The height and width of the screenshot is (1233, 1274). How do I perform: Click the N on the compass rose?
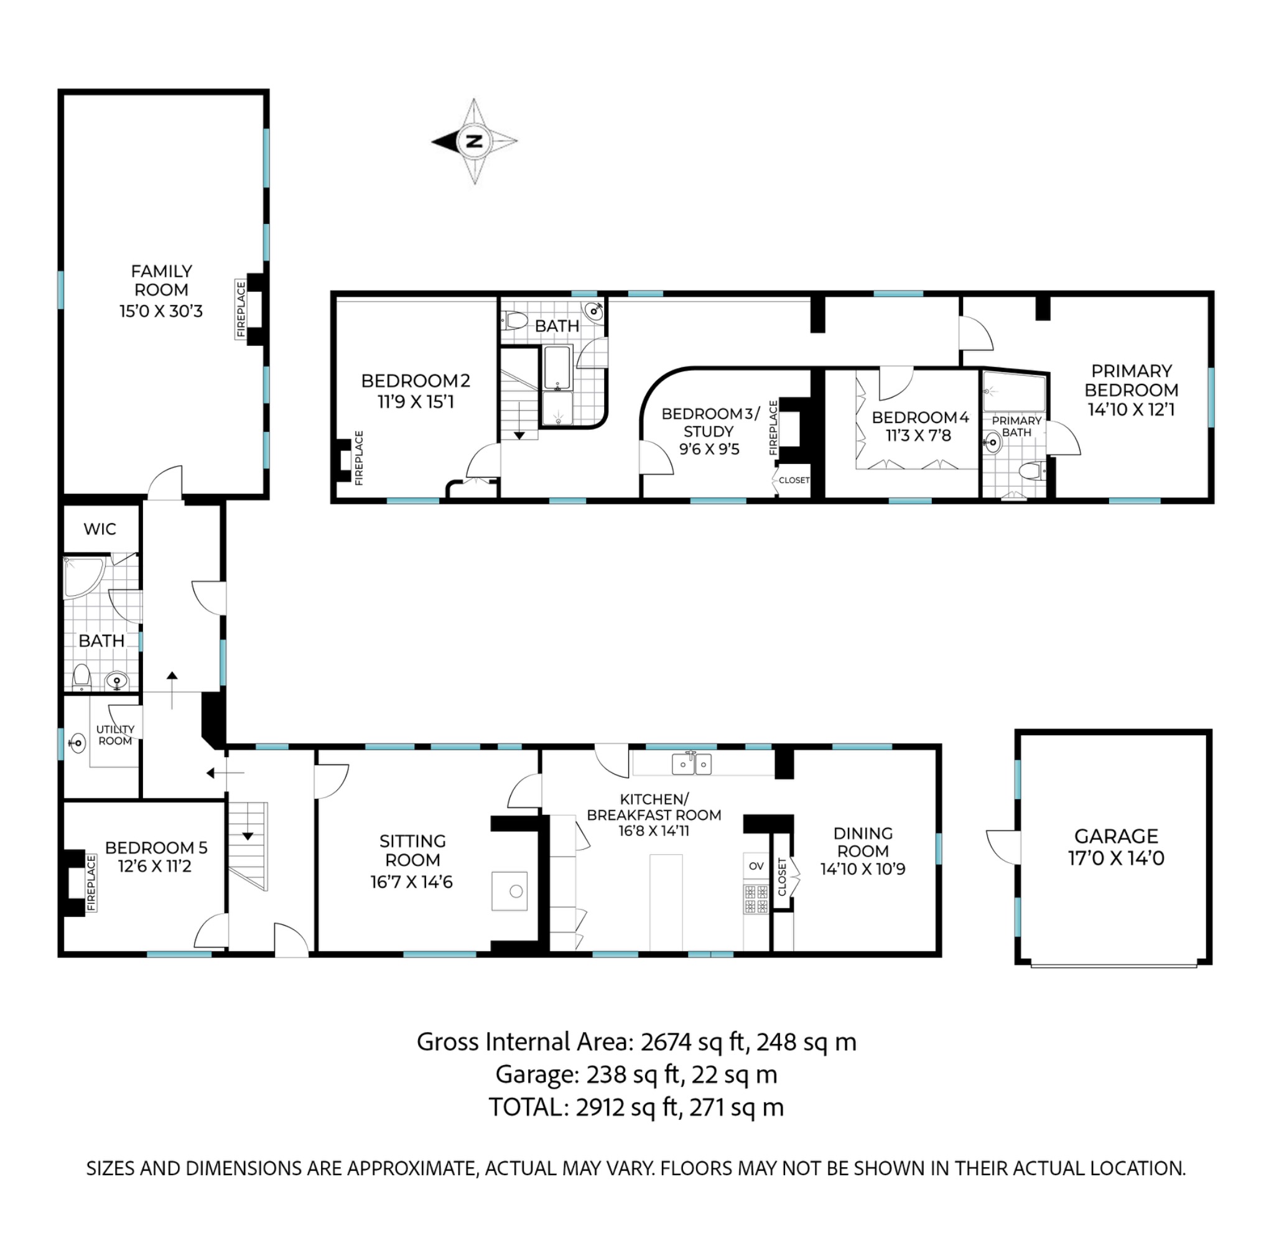point(475,141)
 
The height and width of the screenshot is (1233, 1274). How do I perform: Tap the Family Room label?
point(161,280)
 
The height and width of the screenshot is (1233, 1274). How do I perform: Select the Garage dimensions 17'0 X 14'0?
point(1116,858)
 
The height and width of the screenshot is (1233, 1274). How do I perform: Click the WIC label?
point(100,528)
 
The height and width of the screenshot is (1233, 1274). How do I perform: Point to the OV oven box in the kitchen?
point(756,866)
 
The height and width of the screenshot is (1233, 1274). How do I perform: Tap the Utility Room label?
point(115,735)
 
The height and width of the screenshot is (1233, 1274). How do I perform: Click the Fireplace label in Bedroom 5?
point(91,883)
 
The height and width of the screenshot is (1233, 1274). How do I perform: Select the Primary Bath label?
point(1016,426)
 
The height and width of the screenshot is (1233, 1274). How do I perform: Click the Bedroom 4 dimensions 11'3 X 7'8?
point(918,435)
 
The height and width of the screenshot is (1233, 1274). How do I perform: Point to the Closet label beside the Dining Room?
point(782,876)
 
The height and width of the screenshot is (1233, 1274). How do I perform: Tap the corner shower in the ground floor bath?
point(82,576)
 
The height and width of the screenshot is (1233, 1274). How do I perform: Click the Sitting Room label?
point(412,850)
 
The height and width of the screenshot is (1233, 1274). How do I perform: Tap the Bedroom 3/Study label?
point(710,422)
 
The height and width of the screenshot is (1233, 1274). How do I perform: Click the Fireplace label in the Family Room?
point(241,309)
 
